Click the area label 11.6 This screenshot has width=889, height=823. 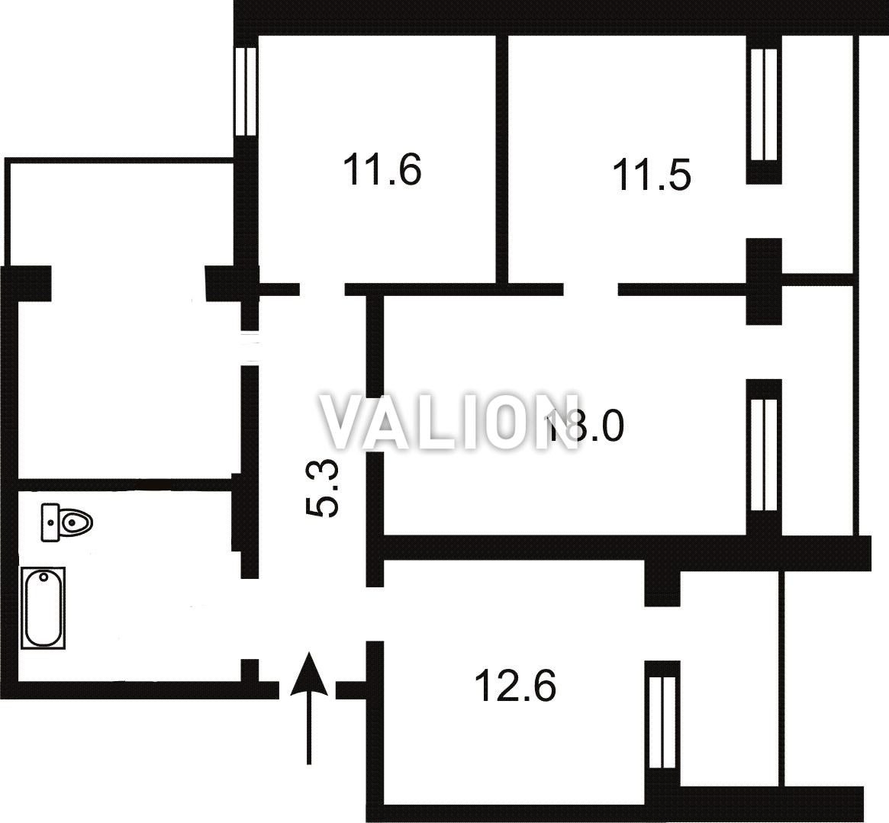point(382,169)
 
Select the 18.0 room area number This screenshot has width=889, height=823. point(584,426)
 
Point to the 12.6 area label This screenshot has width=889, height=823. point(515,686)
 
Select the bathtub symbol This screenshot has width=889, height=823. point(43,608)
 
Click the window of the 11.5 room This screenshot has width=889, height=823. point(763,104)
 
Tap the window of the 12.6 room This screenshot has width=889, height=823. point(662,722)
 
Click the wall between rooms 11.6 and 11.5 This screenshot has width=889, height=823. point(502,159)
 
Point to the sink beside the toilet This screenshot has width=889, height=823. point(50,522)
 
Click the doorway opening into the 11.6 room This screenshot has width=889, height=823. point(322,289)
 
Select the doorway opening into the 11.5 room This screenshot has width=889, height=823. point(591,289)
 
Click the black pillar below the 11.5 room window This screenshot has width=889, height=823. point(763,281)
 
